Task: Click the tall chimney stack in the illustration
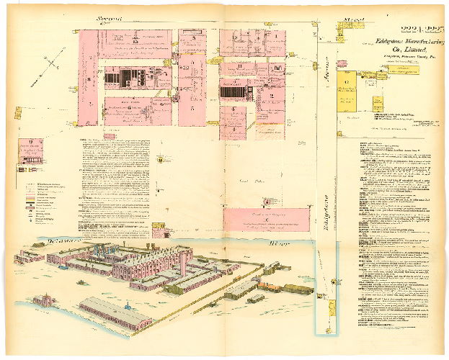click(185, 259)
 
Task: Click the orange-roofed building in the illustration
click(270, 286)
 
